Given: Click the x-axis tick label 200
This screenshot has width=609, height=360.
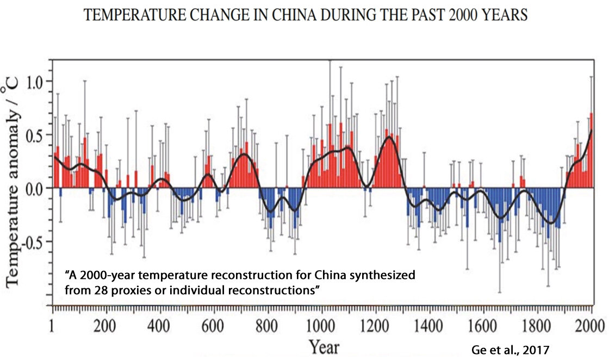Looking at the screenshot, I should (x=107, y=327).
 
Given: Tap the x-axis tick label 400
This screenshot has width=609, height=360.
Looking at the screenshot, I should (x=160, y=327).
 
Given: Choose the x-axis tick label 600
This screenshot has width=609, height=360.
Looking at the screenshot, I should (x=214, y=327).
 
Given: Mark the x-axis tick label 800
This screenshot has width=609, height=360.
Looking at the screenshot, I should (x=268, y=327).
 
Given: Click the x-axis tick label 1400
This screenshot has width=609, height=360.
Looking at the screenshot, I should (x=430, y=327).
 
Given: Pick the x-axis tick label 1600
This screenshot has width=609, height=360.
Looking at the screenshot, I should (x=483, y=327).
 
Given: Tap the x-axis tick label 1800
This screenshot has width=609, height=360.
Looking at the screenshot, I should (x=537, y=327).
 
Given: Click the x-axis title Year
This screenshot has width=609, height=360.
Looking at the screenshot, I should (x=325, y=347).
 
